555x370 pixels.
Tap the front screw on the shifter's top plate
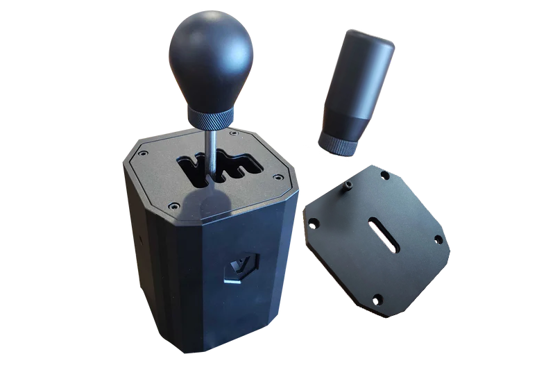[x=173, y=205]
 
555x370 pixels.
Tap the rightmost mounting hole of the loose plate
[x=438, y=239]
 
